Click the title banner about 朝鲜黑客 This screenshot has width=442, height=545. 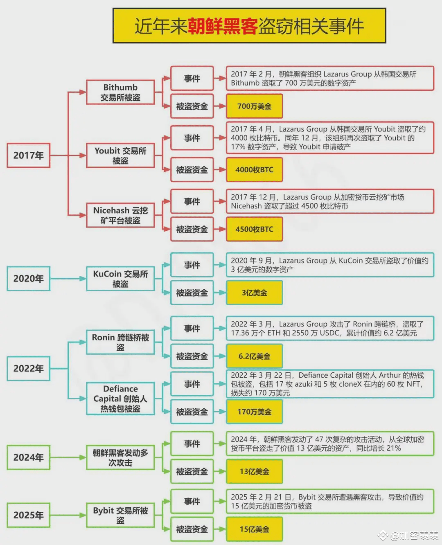tap(249, 26)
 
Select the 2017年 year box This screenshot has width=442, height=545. tap(28, 155)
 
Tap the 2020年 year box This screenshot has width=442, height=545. tap(28, 279)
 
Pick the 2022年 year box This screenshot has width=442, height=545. tap(28, 368)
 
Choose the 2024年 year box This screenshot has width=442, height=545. tap(28, 457)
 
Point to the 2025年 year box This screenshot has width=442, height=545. tap(28, 515)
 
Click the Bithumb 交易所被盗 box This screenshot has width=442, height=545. tap(120, 92)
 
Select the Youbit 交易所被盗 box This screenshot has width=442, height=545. tap(120, 155)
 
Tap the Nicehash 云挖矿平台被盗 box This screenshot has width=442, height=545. tap(120, 215)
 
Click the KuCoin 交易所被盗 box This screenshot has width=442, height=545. tap(120, 279)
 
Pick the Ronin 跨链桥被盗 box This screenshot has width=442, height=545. tap(120, 342)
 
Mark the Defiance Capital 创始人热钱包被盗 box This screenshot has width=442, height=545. tap(120, 399)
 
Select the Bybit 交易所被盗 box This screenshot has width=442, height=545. tap(120, 515)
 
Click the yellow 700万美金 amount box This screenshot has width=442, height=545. tap(254, 106)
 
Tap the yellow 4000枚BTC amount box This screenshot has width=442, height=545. tap(254, 170)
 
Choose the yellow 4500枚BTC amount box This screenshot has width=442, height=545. tap(254, 229)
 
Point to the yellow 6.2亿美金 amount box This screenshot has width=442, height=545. tap(254, 356)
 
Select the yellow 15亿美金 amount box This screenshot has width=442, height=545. tap(254, 529)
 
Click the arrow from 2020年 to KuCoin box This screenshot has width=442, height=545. tap(68, 279)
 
